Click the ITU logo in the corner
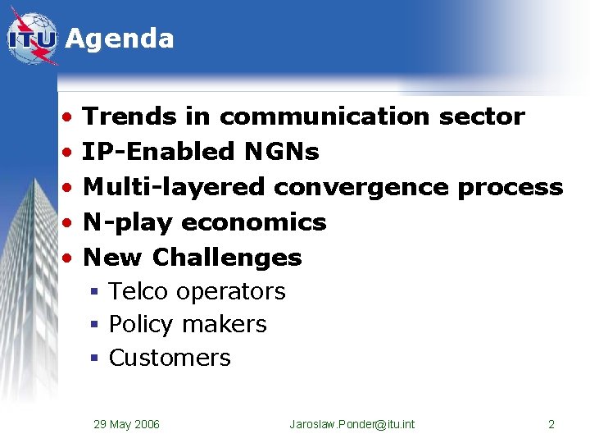tap(33, 39)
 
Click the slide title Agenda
tap(120, 39)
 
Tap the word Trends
tap(130, 116)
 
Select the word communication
tap(324, 116)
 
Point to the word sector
tap(482, 116)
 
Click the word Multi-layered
tap(175, 187)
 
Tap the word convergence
tap(361, 187)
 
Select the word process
tap(511, 187)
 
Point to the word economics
tap(254, 222)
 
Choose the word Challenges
tap(227, 258)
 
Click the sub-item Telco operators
tap(197, 291)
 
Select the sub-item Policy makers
tap(188, 325)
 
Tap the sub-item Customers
tap(170, 359)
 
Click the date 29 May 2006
tap(126, 424)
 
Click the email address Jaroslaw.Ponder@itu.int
tap(352, 424)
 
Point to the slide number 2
tap(551, 424)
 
